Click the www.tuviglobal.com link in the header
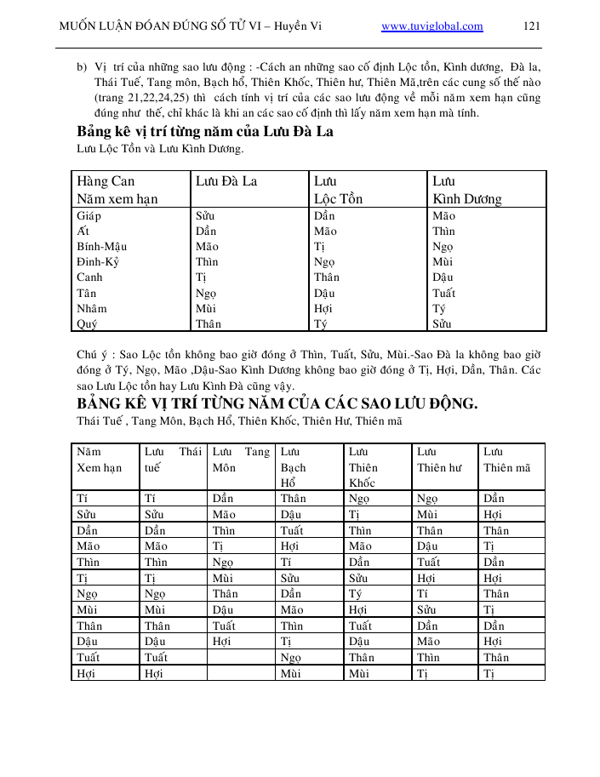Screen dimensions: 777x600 click(x=432, y=26)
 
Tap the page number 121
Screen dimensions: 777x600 click(x=532, y=26)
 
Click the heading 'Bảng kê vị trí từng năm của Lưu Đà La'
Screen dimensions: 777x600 click(x=205, y=132)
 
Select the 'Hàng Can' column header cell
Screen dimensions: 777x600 click(x=106, y=181)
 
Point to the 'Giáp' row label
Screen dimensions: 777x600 click(x=89, y=216)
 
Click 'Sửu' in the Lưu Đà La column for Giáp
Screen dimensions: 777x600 click(x=205, y=216)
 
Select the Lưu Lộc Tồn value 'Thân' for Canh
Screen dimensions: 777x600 click(x=327, y=277)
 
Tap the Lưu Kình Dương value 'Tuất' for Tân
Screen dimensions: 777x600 click(x=444, y=293)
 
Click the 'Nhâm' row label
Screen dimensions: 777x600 click(x=92, y=308)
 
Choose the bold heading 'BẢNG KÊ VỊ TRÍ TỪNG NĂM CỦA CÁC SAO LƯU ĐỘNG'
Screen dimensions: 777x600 click(x=277, y=403)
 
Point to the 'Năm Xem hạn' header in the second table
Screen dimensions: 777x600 click(x=100, y=460)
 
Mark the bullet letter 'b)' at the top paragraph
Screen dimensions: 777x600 click(x=83, y=66)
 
